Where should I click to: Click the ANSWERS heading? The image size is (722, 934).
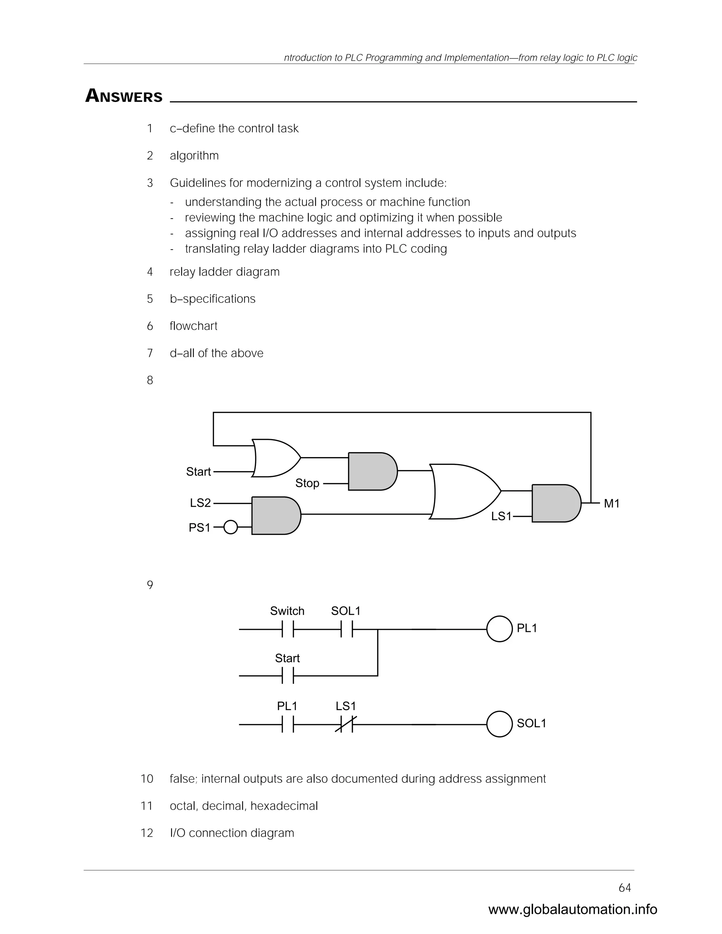click(124, 96)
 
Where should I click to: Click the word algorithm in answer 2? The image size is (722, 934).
click(194, 156)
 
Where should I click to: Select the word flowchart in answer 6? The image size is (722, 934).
click(193, 326)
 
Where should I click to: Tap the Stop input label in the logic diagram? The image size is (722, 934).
click(307, 483)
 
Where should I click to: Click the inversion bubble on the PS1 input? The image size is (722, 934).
click(231, 527)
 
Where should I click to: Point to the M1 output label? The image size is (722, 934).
click(612, 504)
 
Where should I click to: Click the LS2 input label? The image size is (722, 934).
click(200, 503)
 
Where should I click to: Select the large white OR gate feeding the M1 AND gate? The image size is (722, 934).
click(464, 491)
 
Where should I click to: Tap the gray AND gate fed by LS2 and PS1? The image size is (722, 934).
click(275, 515)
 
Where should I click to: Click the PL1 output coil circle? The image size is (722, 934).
click(499, 629)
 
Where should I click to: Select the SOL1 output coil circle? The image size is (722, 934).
click(499, 724)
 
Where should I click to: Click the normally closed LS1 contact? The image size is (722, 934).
click(346, 724)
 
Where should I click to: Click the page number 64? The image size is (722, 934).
click(624, 888)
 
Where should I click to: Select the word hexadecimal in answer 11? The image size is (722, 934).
click(284, 806)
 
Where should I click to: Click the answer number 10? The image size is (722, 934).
click(147, 779)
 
